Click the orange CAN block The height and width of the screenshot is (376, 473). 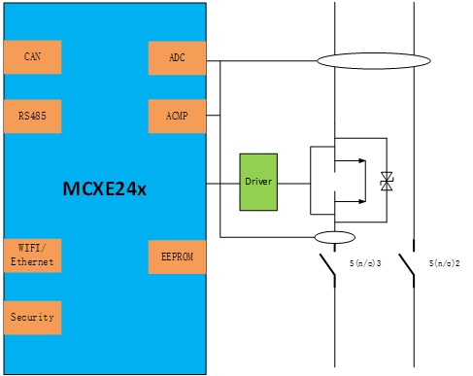tap(32, 57)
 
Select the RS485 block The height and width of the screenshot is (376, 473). tap(32, 117)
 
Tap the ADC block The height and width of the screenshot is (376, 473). tap(177, 58)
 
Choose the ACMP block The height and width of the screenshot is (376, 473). tap(177, 117)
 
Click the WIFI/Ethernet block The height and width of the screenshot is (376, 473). tap(32, 256)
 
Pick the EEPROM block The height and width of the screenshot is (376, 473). tap(177, 257)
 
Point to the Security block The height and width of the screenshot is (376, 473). tap(32, 318)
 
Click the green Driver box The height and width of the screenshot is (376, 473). tap(258, 182)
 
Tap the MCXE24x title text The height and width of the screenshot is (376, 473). tap(105, 188)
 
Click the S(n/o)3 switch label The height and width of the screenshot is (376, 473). tap(365, 263)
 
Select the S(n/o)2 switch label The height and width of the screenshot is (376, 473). tap(445, 263)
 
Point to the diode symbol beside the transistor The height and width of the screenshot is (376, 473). tap(387, 182)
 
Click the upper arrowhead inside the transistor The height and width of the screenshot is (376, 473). tap(362, 160)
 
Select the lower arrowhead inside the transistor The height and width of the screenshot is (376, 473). tap(362, 201)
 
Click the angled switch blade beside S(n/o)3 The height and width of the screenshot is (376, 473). tap(327, 264)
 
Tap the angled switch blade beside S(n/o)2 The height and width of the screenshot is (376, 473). tap(406, 264)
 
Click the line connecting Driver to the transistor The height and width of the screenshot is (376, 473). tap(294, 184)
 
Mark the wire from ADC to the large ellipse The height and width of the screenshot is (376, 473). tap(261, 60)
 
